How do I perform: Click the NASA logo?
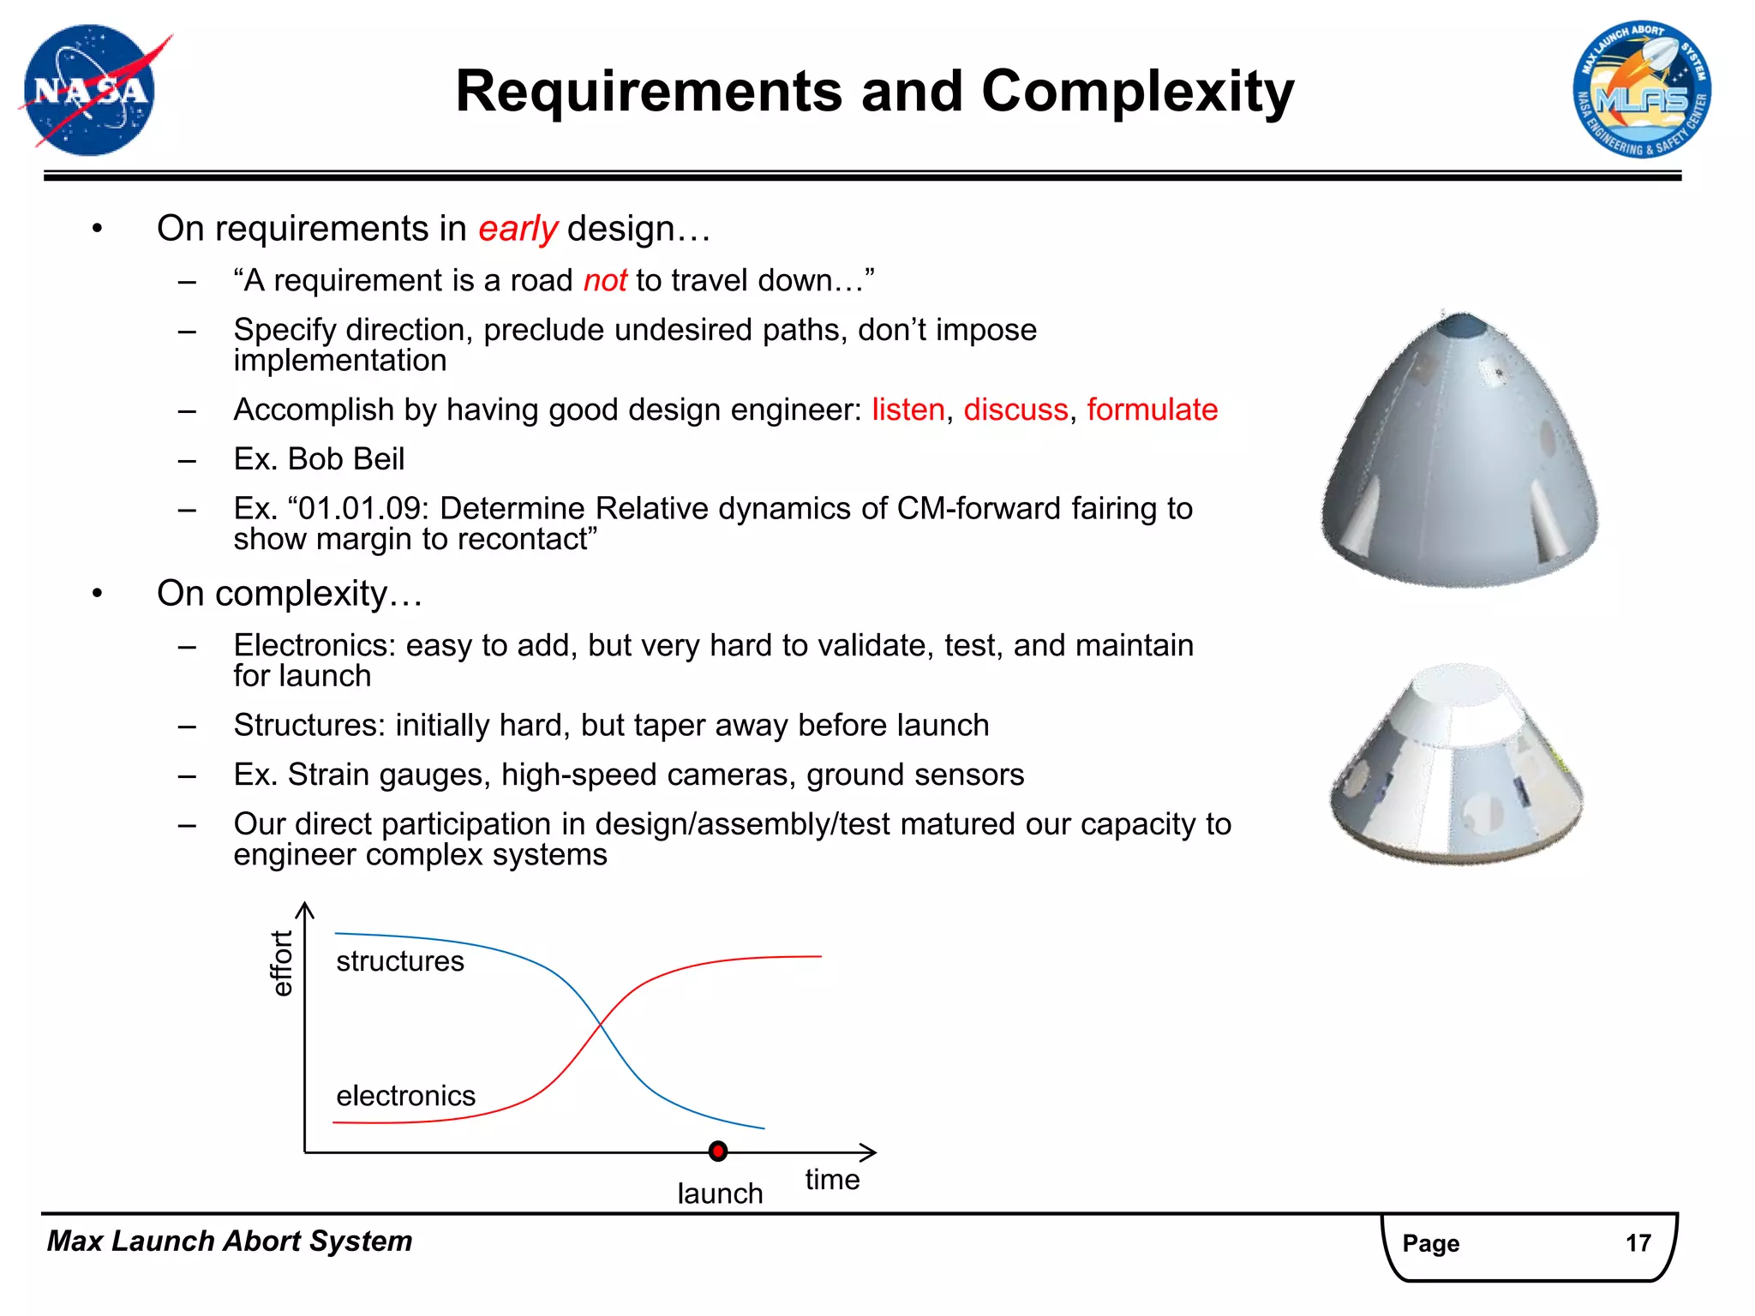click(x=90, y=91)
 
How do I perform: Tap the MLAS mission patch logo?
click(x=1641, y=91)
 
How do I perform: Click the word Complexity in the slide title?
click(x=1137, y=91)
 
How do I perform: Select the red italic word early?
click(x=518, y=229)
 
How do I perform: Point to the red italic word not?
click(x=605, y=281)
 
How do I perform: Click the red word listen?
click(x=907, y=410)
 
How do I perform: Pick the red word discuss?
click(x=1015, y=410)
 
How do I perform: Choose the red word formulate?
click(x=1152, y=410)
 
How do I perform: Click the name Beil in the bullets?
click(x=378, y=459)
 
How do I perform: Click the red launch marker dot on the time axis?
click(x=718, y=1151)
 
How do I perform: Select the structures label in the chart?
click(x=399, y=961)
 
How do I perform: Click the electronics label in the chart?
click(x=405, y=1096)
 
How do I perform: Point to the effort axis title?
click(x=282, y=963)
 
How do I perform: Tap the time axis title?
click(x=832, y=1180)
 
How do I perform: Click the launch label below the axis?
click(x=720, y=1193)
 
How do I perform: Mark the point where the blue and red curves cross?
click(x=600, y=1025)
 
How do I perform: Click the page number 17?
click(x=1638, y=1242)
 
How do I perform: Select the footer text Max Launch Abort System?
click(x=230, y=1241)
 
